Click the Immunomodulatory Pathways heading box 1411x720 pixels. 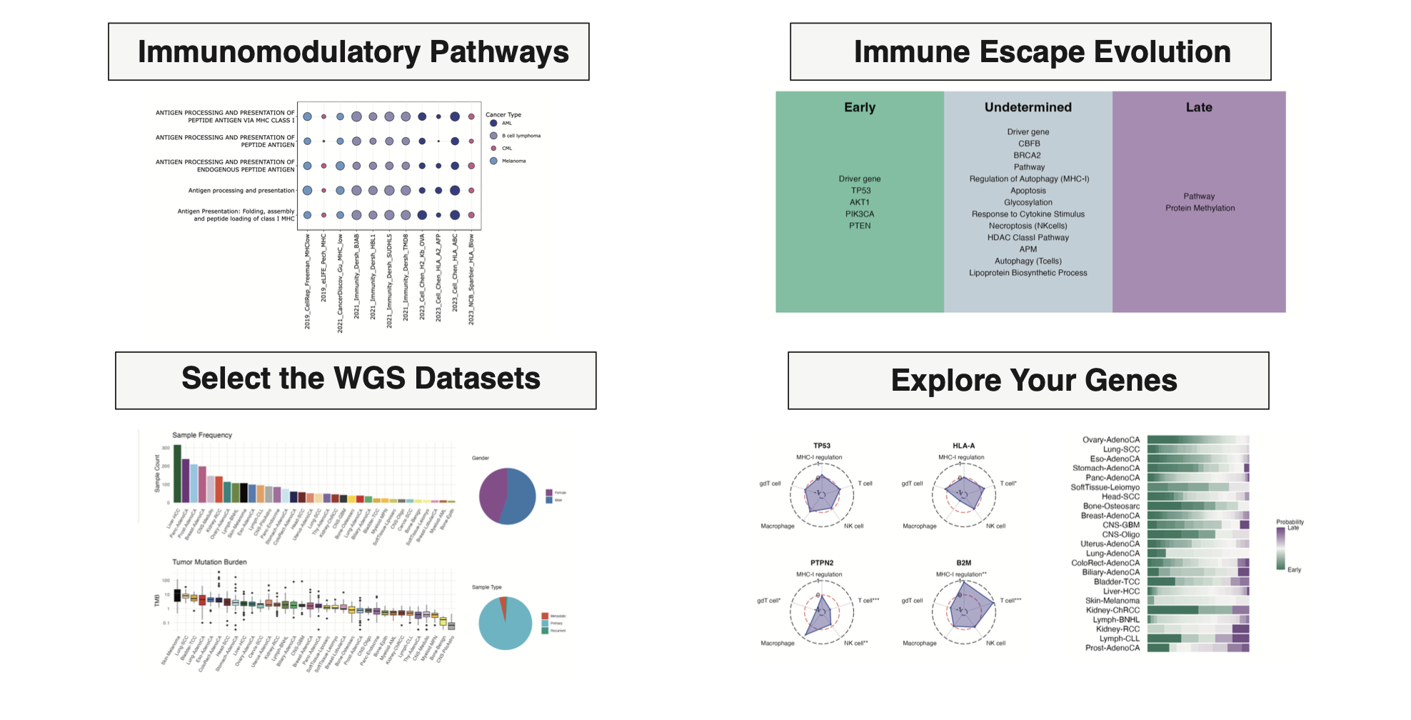(x=348, y=52)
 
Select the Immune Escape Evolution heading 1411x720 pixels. (x=1030, y=52)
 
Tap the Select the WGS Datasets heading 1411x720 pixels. (x=356, y=380)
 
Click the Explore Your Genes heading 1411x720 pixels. (x=1028, y=381)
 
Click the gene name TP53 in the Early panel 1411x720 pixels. (x=860, y=191)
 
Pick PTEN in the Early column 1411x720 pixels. (x=860, y=226)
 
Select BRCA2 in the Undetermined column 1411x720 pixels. (x=1028, y=155)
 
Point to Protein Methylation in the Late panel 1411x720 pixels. (x=1200, y=208)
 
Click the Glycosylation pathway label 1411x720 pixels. (x=1028, y=202)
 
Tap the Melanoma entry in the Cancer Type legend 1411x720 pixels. (x=513, y=161)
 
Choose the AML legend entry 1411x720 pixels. (x=506, y=123)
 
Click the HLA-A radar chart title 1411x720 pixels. (x=963, y=446)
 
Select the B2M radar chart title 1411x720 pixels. (x=963, y=563)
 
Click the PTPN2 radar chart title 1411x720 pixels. (x=822, y=563)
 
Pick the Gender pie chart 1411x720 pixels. (x=507, y=496)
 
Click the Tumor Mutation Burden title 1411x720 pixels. (x=209, y=562)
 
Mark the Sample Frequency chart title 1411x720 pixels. (x=202, y=435)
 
